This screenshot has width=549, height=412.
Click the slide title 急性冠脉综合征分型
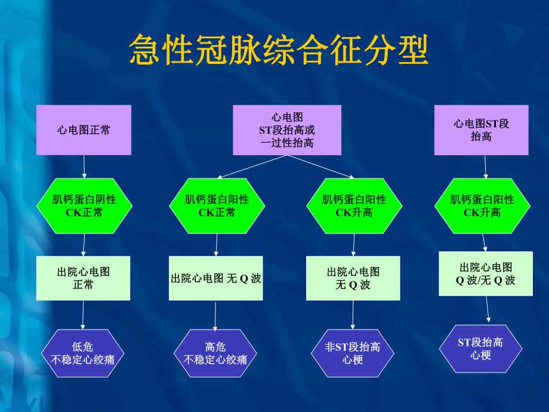[x=279, y=50]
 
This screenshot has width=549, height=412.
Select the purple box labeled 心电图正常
[x=84, y=130]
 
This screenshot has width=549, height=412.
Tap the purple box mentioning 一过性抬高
[x=287, y=130]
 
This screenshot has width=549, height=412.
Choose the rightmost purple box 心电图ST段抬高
[x=481, y=130]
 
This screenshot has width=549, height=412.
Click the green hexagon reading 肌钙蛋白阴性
[x=84, y=206]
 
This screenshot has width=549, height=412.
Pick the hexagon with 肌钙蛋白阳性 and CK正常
[x=217, y=206]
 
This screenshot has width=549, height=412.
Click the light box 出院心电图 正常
[x=84, y=278]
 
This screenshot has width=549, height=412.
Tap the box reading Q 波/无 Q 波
[x=486, y=274]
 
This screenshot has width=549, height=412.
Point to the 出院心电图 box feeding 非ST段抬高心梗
[x=353, y=278]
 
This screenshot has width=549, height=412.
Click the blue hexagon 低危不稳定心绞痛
[x=84, y=353]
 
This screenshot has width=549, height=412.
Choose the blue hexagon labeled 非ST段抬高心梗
[x=353, y=353]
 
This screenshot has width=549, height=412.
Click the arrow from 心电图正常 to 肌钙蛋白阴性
[x=84, y=167]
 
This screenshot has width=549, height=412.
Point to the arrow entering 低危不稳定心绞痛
[x=83, y=315]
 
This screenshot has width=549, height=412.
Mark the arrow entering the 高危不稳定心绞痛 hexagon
[x=215, y=315]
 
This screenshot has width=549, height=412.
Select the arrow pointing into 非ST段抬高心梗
[x=353, y=315]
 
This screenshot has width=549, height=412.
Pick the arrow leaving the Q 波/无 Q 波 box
[x=488, y=309]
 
